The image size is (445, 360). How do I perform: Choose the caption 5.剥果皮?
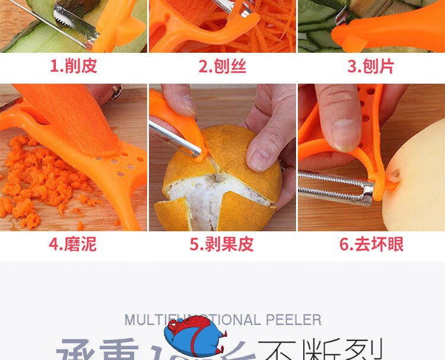coord(222,244)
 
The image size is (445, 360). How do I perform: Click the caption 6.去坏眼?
coord(371,244)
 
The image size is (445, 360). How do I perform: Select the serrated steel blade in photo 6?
coord(335,187)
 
